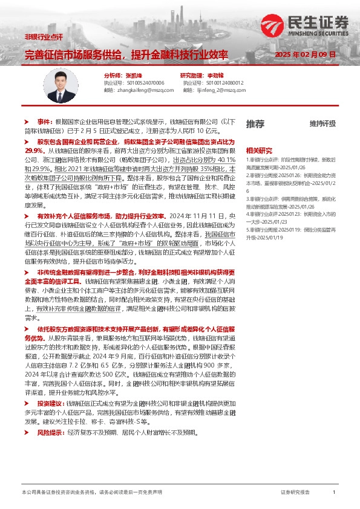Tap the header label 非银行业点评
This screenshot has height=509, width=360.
click(43, 37)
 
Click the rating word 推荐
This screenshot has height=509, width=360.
click(255, 123)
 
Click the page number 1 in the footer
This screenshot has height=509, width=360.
click(334, 493)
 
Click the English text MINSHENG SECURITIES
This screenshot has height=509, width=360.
click(322, 34)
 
